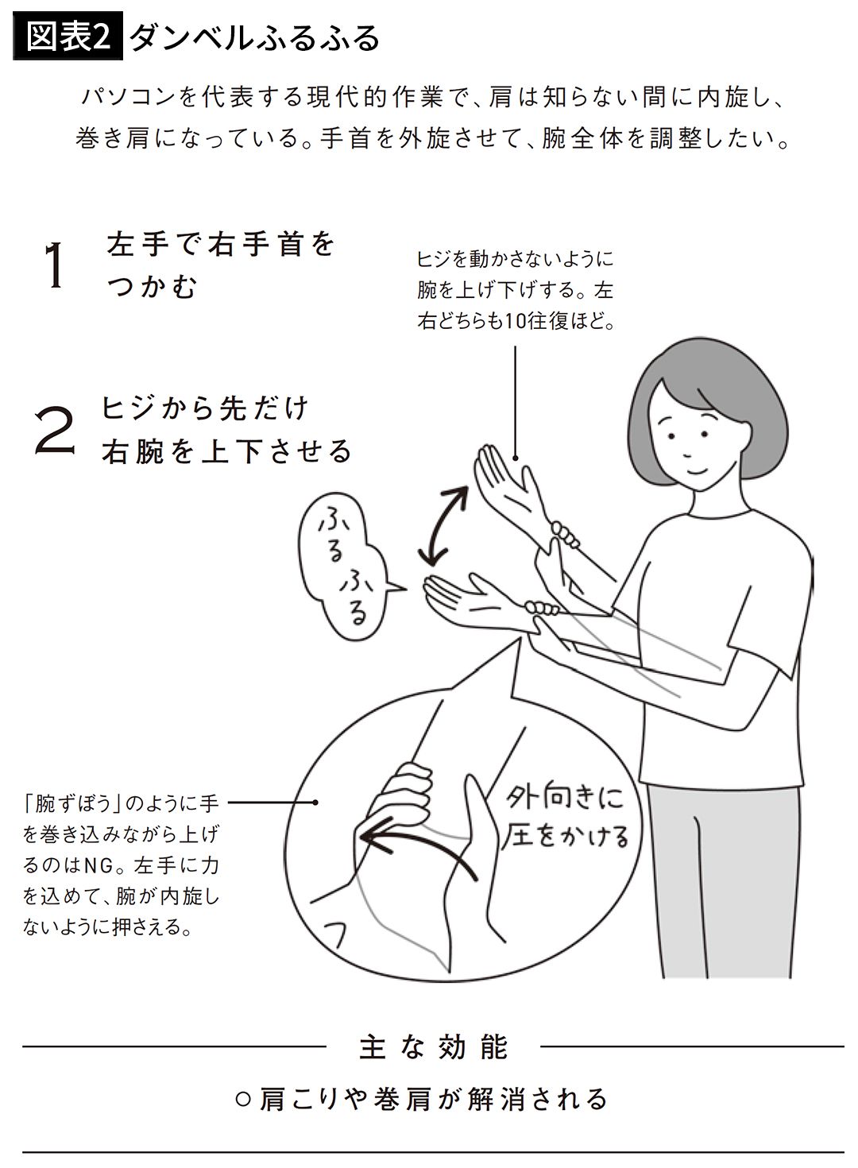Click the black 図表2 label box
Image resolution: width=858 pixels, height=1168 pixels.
tap(68, 36)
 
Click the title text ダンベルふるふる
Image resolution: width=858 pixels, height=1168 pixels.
tap(255, 37)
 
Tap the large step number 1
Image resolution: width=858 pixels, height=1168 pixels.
tap(54, 265)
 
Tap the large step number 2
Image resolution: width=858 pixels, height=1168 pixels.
tap(54, 431)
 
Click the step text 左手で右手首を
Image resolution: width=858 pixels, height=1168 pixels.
tap(221, 244)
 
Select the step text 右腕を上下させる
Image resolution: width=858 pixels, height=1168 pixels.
tap(226, 451)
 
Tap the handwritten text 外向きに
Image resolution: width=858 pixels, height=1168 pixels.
tap(565, 799)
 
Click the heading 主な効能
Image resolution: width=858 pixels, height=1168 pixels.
tap(433, 1047)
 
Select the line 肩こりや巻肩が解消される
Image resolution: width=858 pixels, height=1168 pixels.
tap(421, 1100)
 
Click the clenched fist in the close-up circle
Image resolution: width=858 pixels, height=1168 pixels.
tap(401, 793)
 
